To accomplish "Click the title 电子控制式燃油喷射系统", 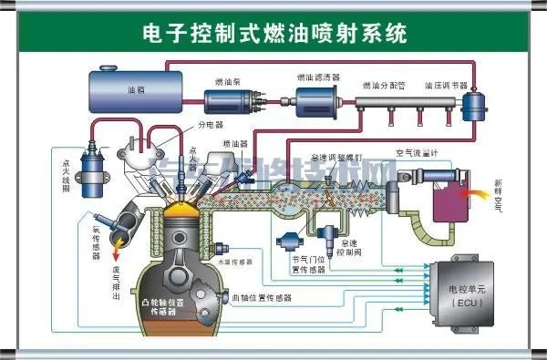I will coord(274,34).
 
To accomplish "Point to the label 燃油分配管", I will coord(382,84).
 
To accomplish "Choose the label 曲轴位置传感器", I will coord(262,298).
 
